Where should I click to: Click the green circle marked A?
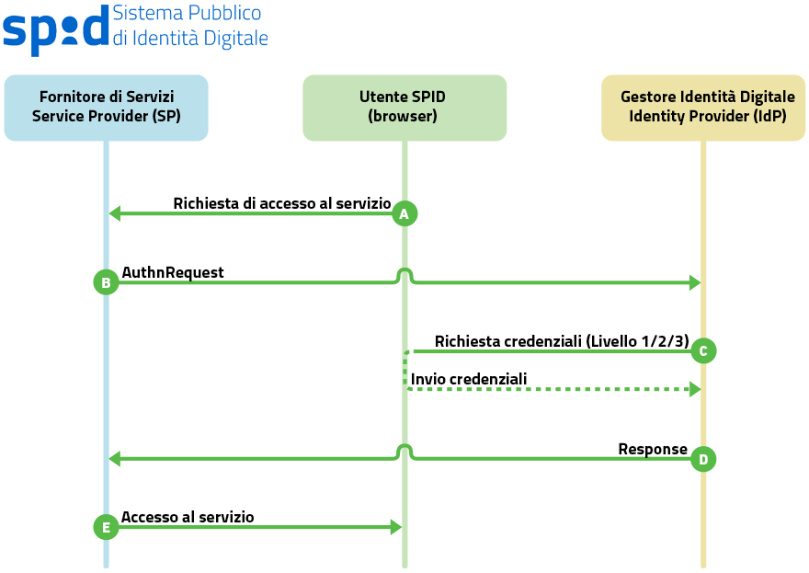[404, 213]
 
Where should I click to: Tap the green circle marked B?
[106, 282]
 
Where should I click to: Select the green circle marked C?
[703, 350]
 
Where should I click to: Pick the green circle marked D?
[703, 458]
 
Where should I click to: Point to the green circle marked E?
[106, 527]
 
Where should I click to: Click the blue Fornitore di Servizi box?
[106, 108]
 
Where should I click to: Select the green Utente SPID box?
[404, 108]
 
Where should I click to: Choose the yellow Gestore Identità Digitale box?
[703, 108]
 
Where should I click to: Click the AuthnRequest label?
[173, 272]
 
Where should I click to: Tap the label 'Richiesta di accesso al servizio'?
[282, 203]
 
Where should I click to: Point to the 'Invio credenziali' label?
[469, 379]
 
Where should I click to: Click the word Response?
[653, 449]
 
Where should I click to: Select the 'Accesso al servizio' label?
[188, 517]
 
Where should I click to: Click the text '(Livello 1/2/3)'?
[636, 341]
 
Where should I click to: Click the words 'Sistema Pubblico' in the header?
[187, 14]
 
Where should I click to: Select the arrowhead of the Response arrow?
[114, 458]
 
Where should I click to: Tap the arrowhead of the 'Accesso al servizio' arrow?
[396, 527]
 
